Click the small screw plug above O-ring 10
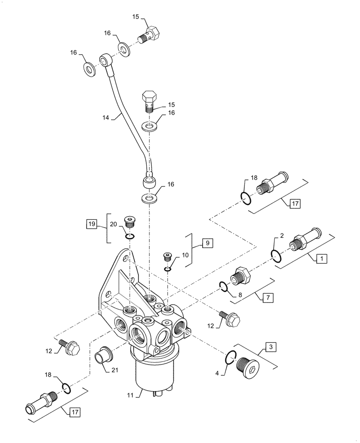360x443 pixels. (x=168, y=256)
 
